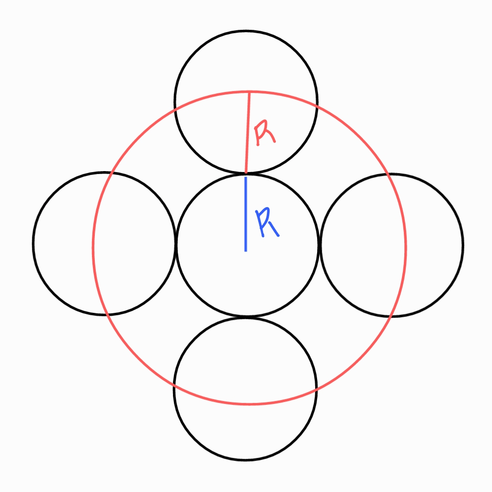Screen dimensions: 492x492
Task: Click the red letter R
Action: [264, 133]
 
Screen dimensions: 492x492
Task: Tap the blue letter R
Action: [267, 223]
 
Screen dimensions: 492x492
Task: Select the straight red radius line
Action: [247, 133]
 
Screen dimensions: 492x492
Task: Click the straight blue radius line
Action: [246, 213]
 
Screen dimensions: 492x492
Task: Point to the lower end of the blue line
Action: [246, 250]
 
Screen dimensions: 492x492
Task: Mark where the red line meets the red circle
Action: [249, 91]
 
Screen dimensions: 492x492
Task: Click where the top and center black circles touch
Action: [246, 173]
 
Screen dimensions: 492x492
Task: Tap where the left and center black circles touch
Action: [175, 244]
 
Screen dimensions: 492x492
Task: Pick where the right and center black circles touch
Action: [319, 245]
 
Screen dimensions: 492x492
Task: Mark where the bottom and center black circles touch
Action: [246, 316]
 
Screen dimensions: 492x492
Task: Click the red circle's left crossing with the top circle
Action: [176, 110]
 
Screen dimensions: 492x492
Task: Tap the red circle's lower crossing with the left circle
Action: [108, 314]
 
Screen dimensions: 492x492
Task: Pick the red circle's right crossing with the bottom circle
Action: [316, 390]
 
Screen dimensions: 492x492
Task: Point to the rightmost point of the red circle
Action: [406, 246]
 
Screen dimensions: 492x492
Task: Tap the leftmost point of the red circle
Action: [93, 246]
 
